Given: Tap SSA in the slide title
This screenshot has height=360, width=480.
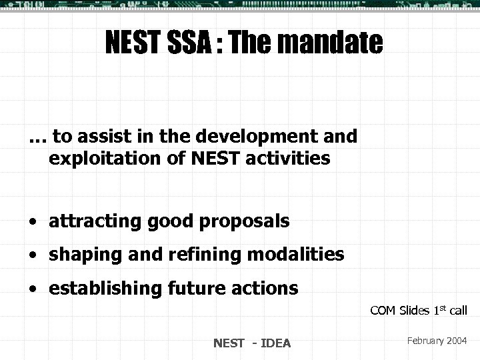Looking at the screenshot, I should click(179, 44).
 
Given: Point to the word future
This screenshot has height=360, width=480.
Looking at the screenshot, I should click(188, 289).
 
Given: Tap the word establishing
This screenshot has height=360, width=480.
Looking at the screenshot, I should click(99, 289).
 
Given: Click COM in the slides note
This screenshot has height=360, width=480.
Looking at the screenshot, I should click(383, 310).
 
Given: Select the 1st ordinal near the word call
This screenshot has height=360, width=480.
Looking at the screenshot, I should click(441, 309).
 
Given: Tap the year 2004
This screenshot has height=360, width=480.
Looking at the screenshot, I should click(456, 341).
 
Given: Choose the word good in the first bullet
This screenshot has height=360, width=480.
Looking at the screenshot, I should click(175, 221).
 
